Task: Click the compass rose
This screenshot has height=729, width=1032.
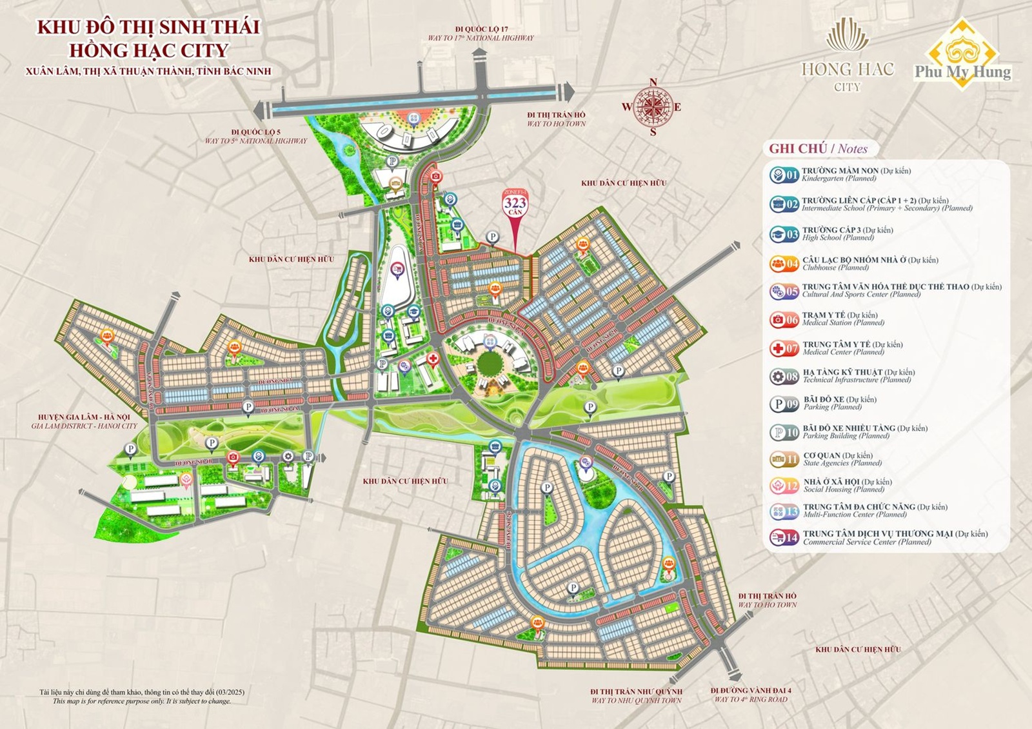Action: click(653, 106)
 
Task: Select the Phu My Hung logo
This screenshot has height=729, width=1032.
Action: click(962, 55)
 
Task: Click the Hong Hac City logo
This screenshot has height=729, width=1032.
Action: click(848, 58)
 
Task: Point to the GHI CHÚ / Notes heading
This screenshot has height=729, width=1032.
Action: click(818, 148)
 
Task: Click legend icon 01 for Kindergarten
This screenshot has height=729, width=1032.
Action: click(784, 175)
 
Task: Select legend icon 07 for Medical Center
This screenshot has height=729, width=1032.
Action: click(784, 348)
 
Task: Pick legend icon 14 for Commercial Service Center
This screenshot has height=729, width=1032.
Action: click(784, 537)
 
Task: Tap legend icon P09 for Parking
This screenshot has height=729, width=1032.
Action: click(784, 404)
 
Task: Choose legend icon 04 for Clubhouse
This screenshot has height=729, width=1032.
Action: click(784, 264)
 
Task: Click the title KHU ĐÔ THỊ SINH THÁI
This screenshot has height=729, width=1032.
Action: click(148, 27)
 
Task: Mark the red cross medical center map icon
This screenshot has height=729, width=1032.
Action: click(433, 358)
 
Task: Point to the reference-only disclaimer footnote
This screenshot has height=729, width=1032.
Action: click(142, 697)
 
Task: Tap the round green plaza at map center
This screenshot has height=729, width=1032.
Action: click(490, 363)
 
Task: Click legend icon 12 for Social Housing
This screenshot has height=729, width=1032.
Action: click(784, 485)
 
